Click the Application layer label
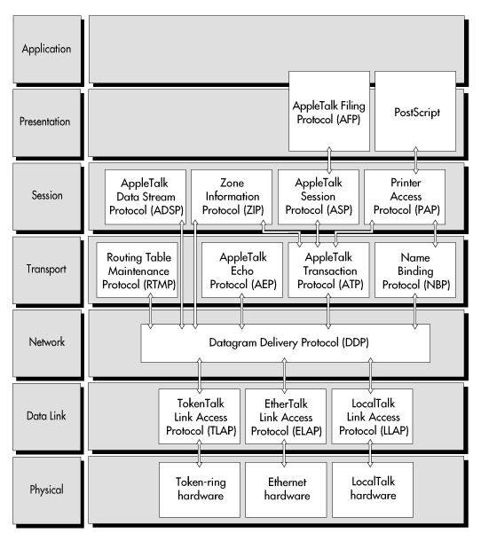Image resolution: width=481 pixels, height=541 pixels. tap(47, 49)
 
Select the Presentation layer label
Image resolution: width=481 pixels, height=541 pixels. tap(45, 122)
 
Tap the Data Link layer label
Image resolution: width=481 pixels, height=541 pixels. tap(46, 416)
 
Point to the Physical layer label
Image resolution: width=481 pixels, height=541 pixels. tap(47, 490)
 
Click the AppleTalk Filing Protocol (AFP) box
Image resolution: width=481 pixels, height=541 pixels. tap(329, 111)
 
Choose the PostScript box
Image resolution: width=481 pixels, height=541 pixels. tap(415, 111)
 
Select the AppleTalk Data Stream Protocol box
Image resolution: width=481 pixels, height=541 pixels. tap(146, 197)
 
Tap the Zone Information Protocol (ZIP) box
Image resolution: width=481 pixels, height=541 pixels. tap(232, 197)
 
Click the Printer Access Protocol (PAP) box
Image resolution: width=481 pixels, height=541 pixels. tap(405, 197)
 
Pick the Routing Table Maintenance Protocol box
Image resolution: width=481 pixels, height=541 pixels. tap(137, 270)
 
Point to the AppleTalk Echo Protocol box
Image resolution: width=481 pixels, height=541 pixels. tap(242, 270)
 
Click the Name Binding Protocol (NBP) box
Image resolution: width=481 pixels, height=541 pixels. tap(415, 270)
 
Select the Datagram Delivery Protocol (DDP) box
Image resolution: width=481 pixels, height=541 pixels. tap(286, 343)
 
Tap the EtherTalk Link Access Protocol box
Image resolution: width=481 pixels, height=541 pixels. tap(286, 417)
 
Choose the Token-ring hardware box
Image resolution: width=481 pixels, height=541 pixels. tap(200, 490)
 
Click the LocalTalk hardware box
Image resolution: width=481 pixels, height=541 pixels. tap(373, 490)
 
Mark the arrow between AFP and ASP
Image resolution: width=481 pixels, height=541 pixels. tap(329, 161)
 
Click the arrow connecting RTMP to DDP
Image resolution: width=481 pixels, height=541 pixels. tap(151, 311)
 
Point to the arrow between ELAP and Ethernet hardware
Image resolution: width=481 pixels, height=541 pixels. tap(284, 453)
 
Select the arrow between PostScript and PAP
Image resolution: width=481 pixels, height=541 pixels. tap(415, 161)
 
